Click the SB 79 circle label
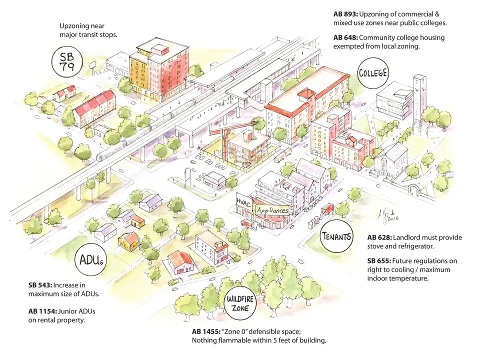point(67,61)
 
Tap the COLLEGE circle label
point(373,73)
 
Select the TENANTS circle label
point(336,236)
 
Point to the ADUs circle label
point(91,260)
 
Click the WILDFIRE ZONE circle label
point(240,303)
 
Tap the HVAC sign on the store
point(243,202)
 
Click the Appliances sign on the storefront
point(272,210)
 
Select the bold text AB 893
point(345,14)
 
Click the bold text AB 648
point(345,37)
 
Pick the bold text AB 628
point(379,237)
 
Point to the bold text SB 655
point(379,261)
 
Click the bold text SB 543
point(40,285)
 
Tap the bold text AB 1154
point(42,311)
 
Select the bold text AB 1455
point(206,331)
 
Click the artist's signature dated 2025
point(388,215)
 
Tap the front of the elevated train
point(100,156)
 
